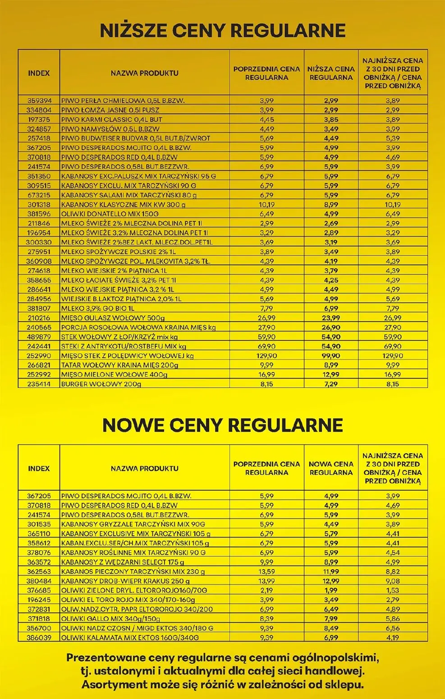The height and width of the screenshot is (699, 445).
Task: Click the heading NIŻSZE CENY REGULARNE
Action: coord(222,30)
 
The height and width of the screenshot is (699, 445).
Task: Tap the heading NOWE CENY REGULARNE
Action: coord(222,425)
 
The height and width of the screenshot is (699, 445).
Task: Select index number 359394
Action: coord(39,101)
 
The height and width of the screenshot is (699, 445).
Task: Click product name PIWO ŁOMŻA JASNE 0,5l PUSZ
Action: coord(110,110)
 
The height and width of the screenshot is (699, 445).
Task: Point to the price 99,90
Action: coord(331,356)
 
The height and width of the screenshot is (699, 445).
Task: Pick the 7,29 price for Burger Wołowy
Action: coord(331,384)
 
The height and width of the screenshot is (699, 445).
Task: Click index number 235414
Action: coord(39,384)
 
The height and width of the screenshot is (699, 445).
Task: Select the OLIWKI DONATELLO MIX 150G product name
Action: coord(110,214)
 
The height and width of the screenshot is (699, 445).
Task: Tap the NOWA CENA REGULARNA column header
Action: coord(331,468)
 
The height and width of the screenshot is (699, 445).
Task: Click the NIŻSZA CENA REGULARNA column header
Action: coord(331,73)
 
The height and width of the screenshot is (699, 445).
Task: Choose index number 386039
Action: coord(39,638)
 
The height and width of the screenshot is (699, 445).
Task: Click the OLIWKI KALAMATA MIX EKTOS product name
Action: coord(130,638)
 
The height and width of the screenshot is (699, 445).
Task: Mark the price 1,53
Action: coord(393,590)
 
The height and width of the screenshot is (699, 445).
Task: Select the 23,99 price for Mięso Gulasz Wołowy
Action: coord(331,318)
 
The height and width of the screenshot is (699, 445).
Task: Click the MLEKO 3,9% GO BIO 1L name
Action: coord(98,308)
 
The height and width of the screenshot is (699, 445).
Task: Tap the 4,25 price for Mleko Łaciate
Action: coord(331,280)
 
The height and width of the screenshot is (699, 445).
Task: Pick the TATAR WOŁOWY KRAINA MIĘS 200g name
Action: coord(114,365)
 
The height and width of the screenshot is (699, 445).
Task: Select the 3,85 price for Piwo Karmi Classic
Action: coord(331,120)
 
